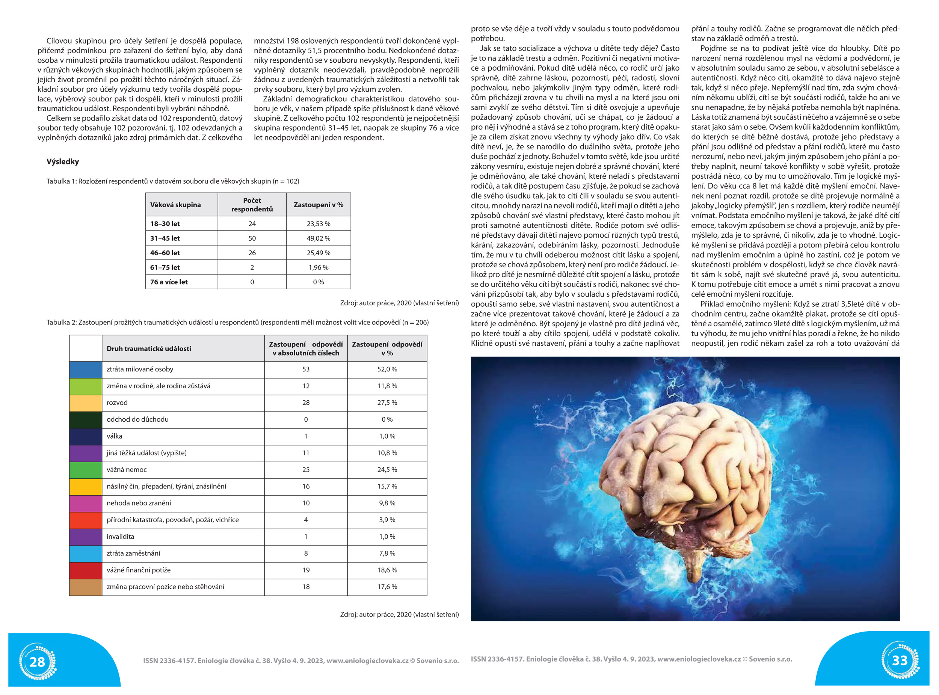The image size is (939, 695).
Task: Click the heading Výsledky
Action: tap(63, 161)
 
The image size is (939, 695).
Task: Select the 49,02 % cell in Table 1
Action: tap(318, 238)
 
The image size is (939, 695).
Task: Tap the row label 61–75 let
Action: tap(165, 267)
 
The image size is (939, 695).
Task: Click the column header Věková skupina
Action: tap(175, 205)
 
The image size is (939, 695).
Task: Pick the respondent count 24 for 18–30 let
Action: tap(252, 224)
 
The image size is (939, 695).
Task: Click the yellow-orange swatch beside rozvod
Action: tap(85, 403)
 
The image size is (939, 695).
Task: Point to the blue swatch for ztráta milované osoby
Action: tap(85, 369)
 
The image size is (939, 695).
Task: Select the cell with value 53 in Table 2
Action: tap(306, 369)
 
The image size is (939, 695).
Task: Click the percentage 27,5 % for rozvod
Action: tap(387, 403)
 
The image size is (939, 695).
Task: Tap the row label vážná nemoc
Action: tap(127, 469)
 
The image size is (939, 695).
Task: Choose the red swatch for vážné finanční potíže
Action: tap(85, 570)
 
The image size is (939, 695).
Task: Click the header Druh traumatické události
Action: tap(149, 349)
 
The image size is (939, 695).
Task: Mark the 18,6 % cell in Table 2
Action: tap(387, 570)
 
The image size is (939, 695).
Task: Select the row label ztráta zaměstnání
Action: tap(133, 553)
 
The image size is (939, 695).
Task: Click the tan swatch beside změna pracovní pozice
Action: tap(85, 587)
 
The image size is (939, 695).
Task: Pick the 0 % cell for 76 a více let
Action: tap(318, 282)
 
